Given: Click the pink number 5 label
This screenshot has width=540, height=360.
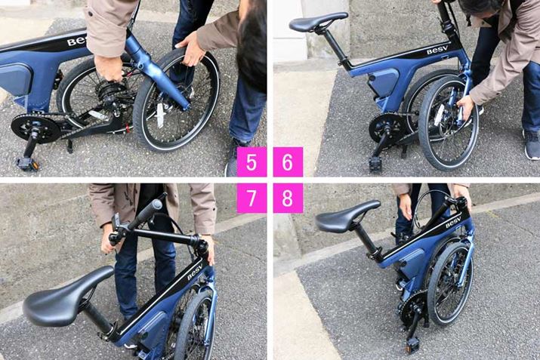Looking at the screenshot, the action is tap(251, 162).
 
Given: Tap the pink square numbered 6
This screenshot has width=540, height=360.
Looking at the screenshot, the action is tap(288, 162).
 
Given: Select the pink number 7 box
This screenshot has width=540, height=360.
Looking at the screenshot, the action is tap(251, 198).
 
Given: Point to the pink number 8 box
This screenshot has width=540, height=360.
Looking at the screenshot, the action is tap(288, 198).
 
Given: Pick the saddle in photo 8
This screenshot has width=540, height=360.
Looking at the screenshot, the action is tap(346, 217).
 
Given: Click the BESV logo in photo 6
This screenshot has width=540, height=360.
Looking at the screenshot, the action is tap(437, 51).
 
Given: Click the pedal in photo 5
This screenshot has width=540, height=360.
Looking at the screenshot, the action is tap(27, 164).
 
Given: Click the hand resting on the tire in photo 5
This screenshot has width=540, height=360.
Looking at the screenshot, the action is tap(190, 50).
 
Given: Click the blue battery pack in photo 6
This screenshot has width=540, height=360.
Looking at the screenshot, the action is tap(384, 82).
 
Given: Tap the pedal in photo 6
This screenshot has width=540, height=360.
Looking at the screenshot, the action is tap(376, 164).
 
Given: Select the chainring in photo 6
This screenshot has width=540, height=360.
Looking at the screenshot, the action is tap(384, 128).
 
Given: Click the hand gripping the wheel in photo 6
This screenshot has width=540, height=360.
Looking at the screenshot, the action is tap(466, 107).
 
